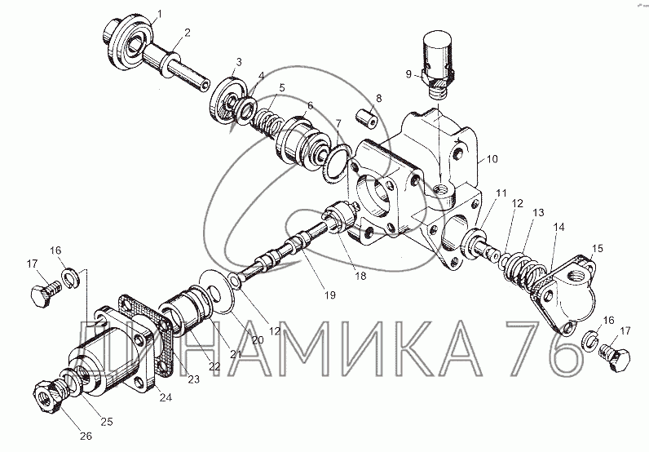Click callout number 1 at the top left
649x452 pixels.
[159, 14]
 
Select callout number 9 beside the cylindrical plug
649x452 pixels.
[408, 74]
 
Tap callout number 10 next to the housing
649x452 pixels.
[492, 159]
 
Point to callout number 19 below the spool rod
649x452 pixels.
[330, 295]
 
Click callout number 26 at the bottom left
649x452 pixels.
[86, 436]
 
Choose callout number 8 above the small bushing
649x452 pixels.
[379, 99]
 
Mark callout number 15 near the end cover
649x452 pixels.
[598, 249]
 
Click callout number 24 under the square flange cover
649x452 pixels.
[166, 397]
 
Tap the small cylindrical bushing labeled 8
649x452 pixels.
[367, 117]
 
